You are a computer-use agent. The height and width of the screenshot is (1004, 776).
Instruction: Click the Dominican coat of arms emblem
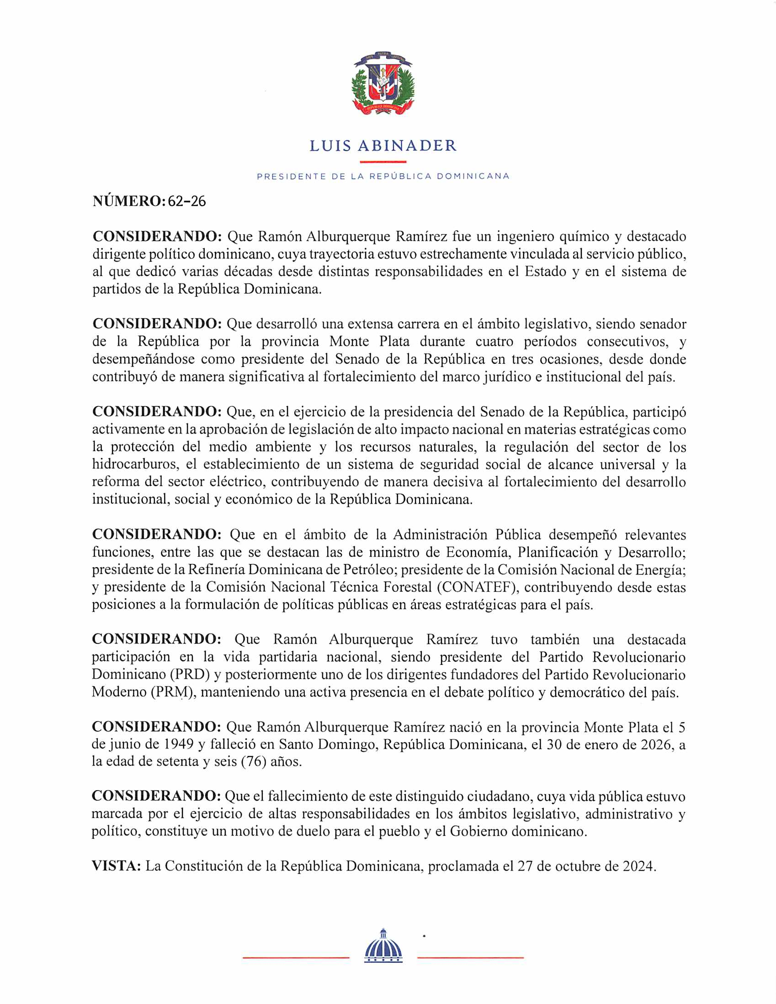pos(383,83)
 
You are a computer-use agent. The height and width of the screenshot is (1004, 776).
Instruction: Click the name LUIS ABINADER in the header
pos(383,146)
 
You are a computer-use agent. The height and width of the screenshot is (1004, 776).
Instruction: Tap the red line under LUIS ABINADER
pos(383,162)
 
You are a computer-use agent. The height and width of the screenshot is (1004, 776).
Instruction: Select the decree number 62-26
pos(186,201)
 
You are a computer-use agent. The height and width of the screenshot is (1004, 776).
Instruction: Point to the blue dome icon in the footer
pos(383,946)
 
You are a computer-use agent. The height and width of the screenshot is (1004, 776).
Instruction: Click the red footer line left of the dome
pos(296,957)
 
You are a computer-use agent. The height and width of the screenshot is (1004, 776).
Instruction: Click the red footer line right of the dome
pos(470,957)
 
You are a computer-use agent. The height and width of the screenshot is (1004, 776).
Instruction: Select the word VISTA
pos(115,866)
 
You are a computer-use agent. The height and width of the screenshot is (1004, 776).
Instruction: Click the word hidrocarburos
pos(135,464)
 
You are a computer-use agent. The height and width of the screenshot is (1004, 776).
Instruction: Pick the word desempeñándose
pos(144,359)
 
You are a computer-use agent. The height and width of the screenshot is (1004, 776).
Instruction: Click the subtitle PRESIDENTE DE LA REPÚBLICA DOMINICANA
pos(383,176)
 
